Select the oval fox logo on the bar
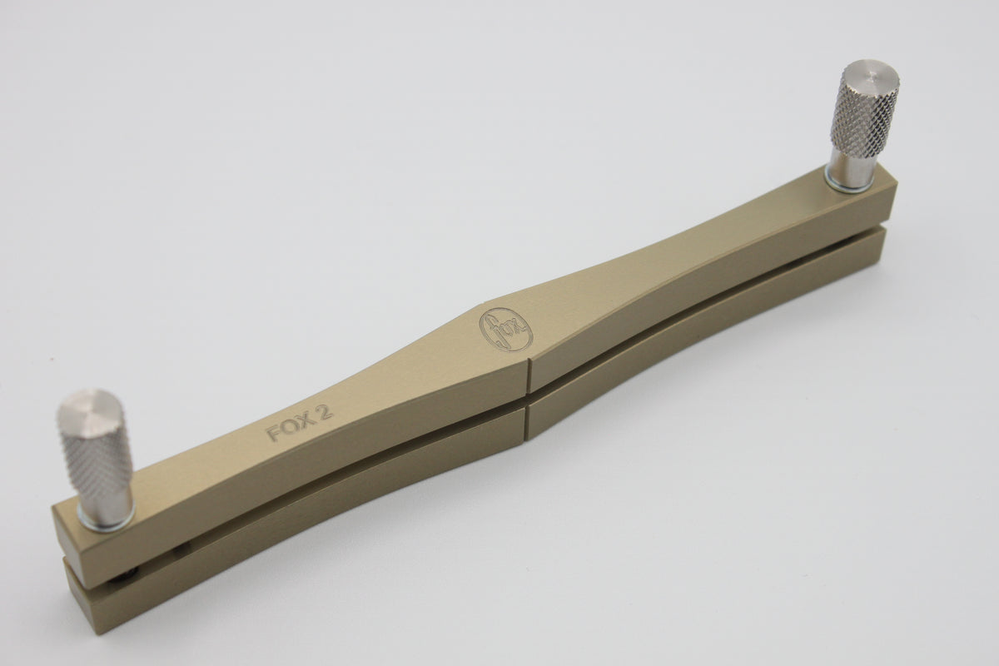pos(506,329)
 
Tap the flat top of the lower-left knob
pos(92,411)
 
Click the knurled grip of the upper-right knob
pos(865,120)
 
